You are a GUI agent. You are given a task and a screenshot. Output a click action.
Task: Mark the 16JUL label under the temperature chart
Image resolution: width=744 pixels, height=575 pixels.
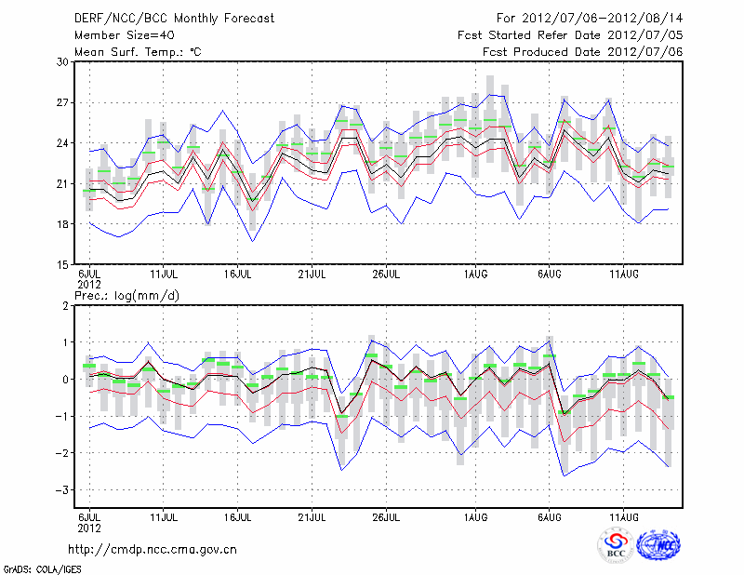[x=238, y=275]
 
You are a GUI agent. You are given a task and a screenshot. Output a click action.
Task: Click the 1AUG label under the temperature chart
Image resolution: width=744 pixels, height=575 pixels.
[x=474, y=275]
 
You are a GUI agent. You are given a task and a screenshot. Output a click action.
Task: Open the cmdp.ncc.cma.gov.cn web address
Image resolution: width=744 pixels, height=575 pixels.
[x=153, y=550]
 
